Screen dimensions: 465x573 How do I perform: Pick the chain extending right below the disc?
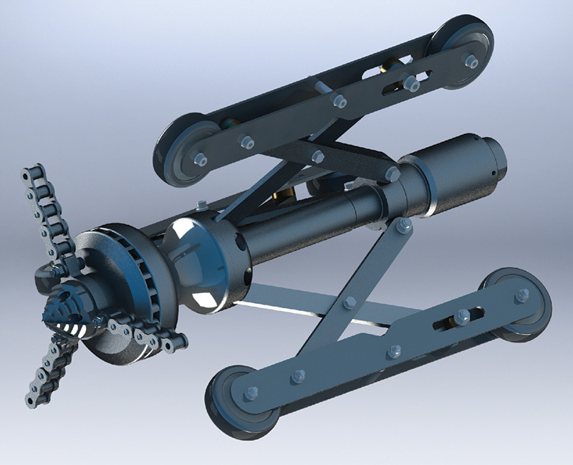[147, 335]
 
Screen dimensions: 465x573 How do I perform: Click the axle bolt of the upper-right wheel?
[471, 62]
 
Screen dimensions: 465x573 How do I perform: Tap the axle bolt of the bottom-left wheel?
[251, 393]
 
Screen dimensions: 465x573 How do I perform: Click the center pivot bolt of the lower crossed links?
[350, 303]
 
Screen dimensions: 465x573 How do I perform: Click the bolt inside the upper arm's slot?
[410, 84]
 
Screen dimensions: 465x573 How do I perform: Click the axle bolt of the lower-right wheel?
[522, 294]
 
